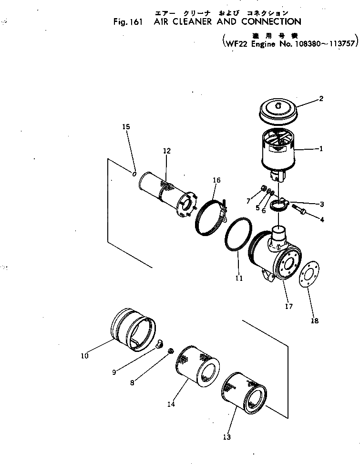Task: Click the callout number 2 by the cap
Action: (x=321, y=99)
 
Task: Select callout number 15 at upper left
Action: (x=126, y=127)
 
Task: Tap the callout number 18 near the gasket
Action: (x=315, y=321)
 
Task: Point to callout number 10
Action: (x=85, y=355)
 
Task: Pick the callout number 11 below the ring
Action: (x=239, y=278)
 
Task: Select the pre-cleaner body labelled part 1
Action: (x=279, y=150)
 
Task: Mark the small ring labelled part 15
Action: (x=135, y=174)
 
